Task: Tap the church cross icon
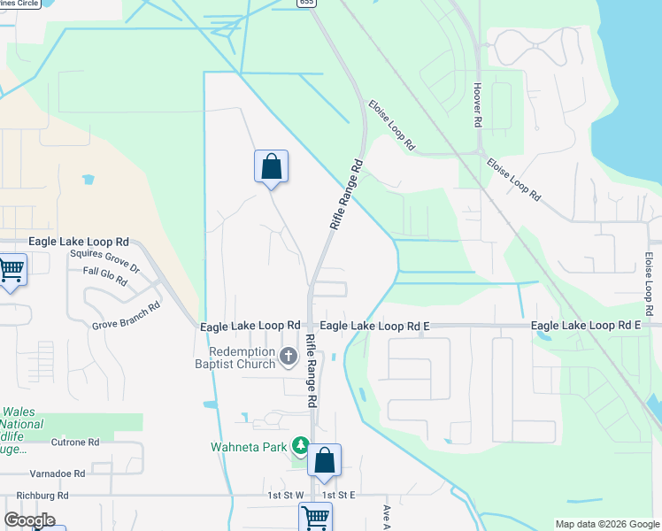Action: pyautogui.click(x=288, y=357)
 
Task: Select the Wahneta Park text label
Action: pyautogui.click(x=250, y=446)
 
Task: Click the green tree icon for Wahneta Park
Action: pyautogui.click(x=301, y=445)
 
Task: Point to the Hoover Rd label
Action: pyautogui.click(x=477, y=104)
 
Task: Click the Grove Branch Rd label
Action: pyautogui.click(x=126, y=316)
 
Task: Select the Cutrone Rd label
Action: pyautogui.click(x=74, y=442)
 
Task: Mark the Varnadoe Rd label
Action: pyautogui.click(x=57, y=473)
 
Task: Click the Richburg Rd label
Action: pyautogui.click(x=36, y=496)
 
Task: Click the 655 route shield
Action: pyautogui.click(x=306, y=4)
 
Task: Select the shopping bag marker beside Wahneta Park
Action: pyautogui.click(x=325, y=461)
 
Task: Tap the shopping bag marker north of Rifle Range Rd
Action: pyautogui.click(x=271, y=166)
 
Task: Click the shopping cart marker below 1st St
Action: pyautogui.click(x=315, y=517)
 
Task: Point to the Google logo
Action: pyautogui.click(x=29, y=520)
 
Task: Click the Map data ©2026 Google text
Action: pyautogui.click(x=606, y=524)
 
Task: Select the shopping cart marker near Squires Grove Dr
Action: pyautogui.click(x=11, y=269)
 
